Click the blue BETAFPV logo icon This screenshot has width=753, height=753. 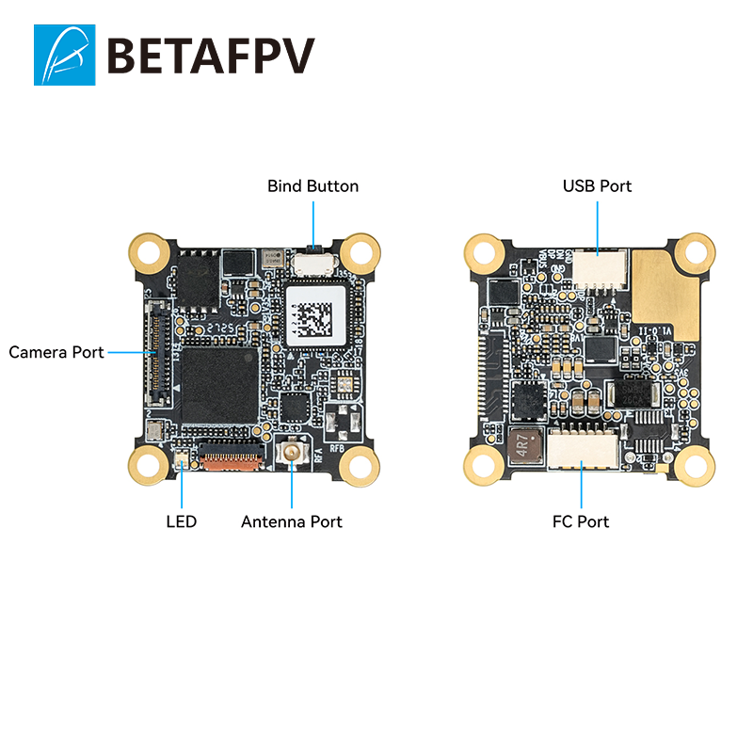click(x=64, y=55)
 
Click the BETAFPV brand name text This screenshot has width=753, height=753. click(x=211, y=56)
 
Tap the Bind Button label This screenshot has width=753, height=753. click(x=312, y=186)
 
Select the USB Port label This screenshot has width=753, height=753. click(x=597, y=186)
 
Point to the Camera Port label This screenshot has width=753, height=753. click(x=56, y=352)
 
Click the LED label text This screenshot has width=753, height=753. click(x=181, y=521)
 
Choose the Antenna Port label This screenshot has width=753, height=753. click(x=292, y=521)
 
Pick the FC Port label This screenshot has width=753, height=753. click(x=581, y=521)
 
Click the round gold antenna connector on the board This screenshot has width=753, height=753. click(x=293, y=455)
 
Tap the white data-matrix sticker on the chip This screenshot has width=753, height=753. click(x=314, y=313)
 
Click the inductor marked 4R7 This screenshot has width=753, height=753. click(x=522, y=447)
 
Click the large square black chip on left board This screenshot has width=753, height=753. click(x=219, y=383)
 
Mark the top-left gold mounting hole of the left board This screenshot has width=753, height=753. click(x=149, y=251)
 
